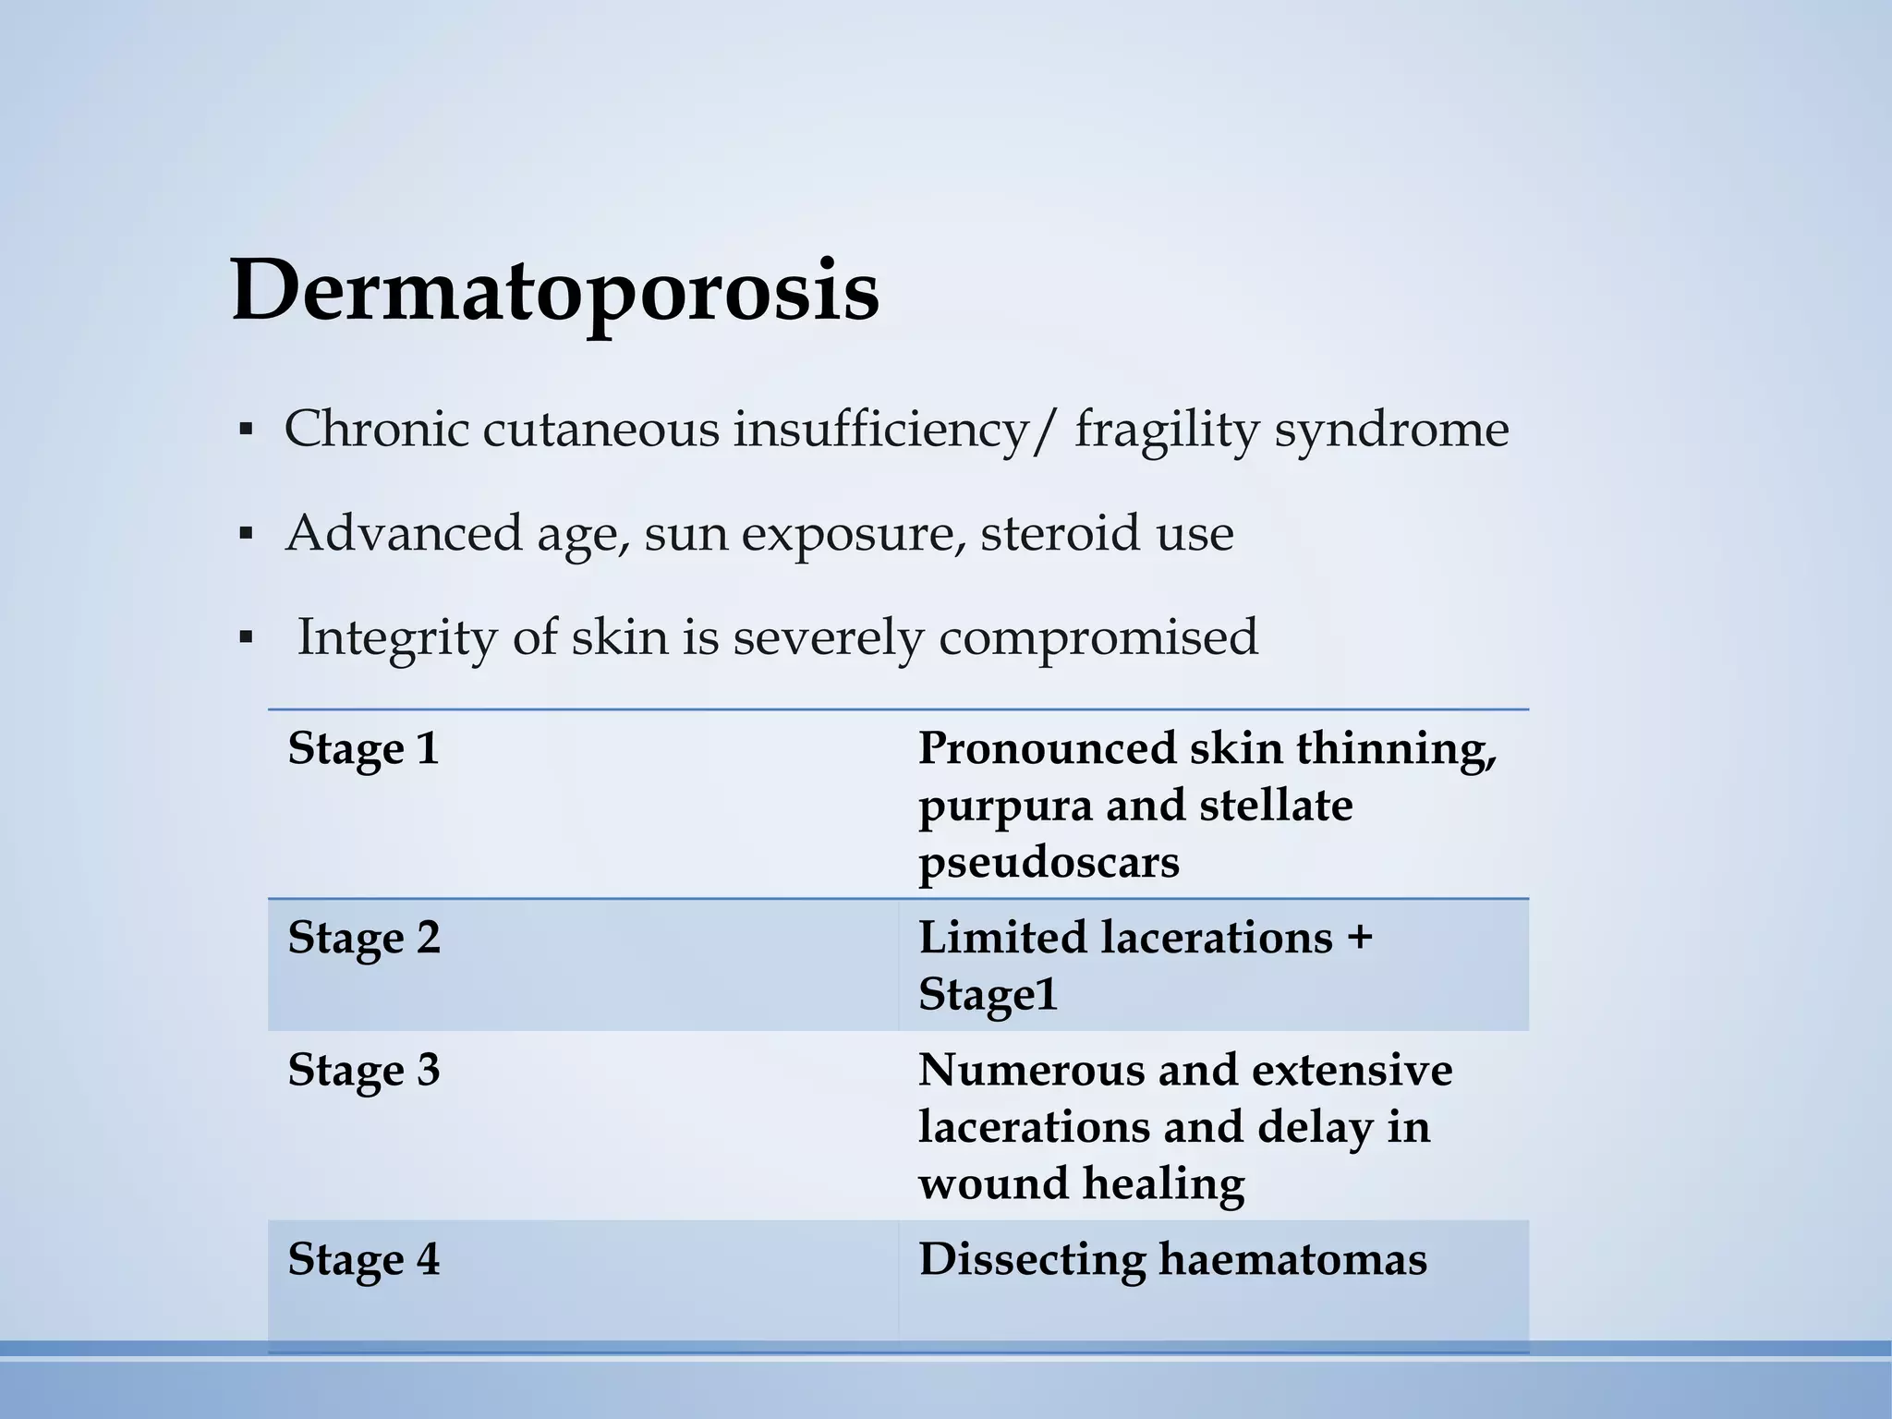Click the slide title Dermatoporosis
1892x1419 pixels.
tap(554, 292)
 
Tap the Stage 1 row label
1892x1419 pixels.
tap(363, 748)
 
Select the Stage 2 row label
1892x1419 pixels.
tap(363, 938)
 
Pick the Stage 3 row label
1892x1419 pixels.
tap(363, 1070)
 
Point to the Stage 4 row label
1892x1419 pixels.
tap(363, 1259)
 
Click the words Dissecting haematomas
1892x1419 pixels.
tap(1172, 1259)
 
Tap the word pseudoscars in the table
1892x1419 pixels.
tap(1049, 863)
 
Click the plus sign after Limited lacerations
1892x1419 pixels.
tap(1359, 939)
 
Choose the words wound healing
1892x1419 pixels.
tap(1081, 1183)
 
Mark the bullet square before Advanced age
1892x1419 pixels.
tap(246, 534)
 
